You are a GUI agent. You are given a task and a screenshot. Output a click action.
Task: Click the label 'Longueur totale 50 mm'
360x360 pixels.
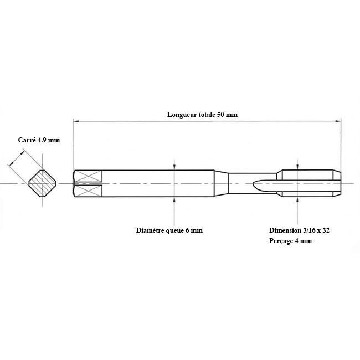202,114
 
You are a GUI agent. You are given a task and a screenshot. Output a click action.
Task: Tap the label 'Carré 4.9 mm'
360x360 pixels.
39,140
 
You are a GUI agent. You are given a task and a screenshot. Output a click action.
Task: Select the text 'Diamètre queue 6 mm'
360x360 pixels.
169,230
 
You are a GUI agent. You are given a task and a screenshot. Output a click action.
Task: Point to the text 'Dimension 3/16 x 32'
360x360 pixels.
300,230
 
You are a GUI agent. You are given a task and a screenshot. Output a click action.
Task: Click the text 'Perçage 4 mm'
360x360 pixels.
291,241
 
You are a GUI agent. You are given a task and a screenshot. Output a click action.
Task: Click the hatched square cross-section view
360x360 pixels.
43,183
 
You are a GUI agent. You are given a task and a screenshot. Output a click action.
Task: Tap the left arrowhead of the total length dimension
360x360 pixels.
76,121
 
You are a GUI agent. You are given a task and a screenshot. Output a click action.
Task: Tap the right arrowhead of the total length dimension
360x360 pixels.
338,121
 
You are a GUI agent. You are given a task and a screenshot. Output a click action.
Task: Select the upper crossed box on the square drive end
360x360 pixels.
89,176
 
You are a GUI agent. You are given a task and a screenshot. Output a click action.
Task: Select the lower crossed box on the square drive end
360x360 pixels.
89,191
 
